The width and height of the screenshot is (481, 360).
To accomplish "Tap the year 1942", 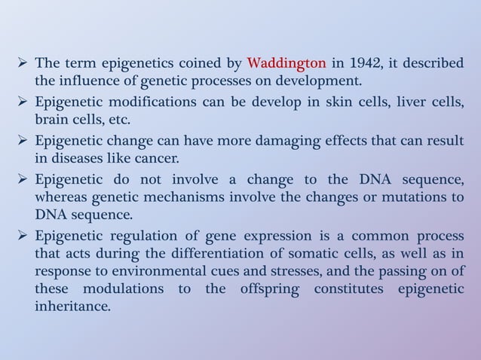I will [348, 64].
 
